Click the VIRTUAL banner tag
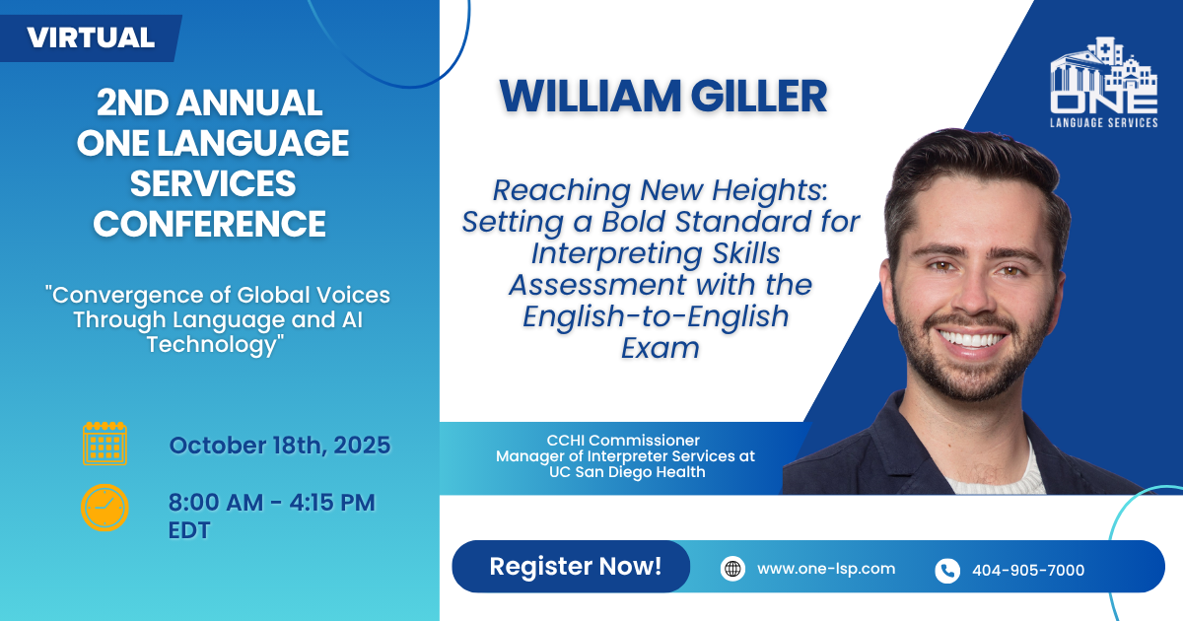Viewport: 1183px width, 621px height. [91, 38]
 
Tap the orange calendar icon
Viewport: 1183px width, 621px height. [104, 444]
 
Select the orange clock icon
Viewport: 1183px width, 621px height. [104, 508]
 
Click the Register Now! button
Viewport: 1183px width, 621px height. [571, 566]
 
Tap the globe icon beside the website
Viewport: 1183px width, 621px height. [732, 569]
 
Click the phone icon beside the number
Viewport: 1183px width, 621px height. [947, 571]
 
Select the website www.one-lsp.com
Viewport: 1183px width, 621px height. [826, 569]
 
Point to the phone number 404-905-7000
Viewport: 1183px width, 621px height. [1028, 571]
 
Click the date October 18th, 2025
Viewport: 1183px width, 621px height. [280, 446]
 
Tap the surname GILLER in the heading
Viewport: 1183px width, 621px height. [759, 97]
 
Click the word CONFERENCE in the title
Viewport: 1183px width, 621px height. [210, 224]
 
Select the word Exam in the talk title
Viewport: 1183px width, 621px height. [661, 348]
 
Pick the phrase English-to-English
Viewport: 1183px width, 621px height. [656, 316]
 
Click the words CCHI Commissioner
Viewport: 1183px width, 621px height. [623, 440]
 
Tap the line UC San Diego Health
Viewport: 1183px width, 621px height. [627, 471]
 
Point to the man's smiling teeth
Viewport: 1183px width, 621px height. [971, 339]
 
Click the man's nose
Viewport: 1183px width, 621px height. [974, 293]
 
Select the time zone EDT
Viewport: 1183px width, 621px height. [189, 530]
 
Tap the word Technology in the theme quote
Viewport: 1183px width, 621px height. [215, 344]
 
